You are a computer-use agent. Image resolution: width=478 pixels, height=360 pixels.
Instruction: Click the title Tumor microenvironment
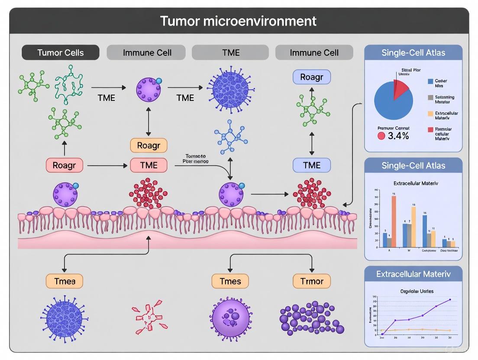[239, 21]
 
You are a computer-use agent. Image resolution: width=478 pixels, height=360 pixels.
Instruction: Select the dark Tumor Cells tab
[60, 53]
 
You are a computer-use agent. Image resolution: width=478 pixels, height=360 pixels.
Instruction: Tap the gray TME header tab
[231, 53]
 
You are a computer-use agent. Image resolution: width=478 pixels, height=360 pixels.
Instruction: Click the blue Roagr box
[312, 77]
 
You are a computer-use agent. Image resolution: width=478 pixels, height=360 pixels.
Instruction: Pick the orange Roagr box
[149, 145]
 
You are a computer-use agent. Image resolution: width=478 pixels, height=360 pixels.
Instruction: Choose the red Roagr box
[64, 165]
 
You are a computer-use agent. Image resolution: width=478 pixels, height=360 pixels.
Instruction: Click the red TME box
[149, 165]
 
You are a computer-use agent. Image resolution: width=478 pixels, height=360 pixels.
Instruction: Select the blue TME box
[312, 165]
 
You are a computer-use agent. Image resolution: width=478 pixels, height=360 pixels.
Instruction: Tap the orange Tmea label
[64, 281]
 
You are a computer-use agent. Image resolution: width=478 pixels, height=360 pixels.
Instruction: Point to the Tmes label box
[230, 281]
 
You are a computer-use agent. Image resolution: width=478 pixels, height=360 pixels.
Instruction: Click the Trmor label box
[312, 281]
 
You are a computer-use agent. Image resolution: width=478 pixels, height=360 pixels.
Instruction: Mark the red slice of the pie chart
[401, 89]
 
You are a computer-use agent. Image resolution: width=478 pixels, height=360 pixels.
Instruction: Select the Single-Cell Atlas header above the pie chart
[413, 53]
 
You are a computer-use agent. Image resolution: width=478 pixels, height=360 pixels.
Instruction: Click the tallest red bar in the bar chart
[394, 221]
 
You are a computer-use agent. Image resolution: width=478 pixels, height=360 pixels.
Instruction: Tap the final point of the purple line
[450, 299]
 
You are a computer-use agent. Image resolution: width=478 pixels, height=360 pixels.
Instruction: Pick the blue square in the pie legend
[430, 81]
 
